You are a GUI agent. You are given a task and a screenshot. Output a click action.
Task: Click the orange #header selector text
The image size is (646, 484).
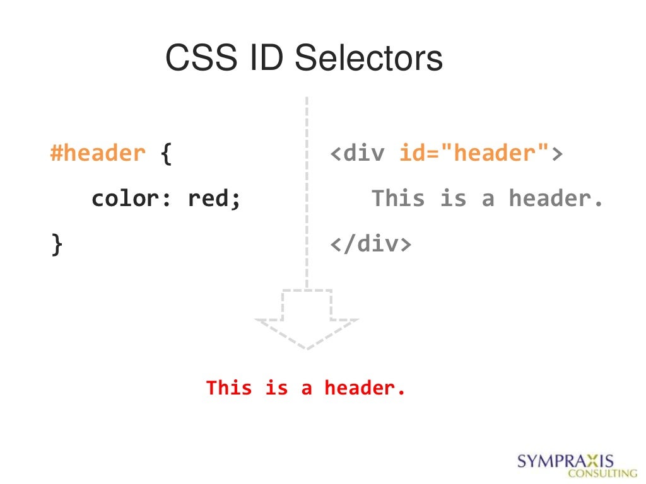point(98,153)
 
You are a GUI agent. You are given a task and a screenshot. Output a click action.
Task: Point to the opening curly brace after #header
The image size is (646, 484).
point(166,154)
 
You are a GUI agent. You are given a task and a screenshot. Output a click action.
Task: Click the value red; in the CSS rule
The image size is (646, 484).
point(215,199)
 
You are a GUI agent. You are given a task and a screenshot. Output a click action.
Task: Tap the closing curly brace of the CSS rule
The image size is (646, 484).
point(57,245)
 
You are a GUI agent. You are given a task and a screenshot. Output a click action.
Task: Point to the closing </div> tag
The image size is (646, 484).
point(371,244)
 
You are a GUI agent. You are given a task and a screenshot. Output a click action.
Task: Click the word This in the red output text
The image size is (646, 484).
point(228,388)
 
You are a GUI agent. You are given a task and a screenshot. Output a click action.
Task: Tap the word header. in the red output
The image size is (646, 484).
point(365,388)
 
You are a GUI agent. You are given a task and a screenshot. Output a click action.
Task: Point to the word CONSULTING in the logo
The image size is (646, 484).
point(602,473)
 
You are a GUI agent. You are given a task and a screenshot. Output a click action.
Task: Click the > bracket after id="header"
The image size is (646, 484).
point(556,154)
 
